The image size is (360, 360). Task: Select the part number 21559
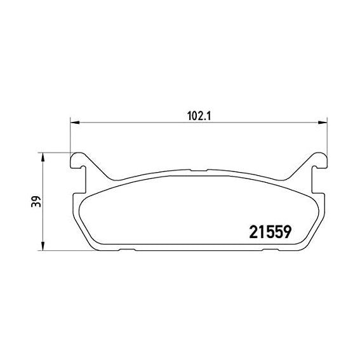click(x=268, y=232)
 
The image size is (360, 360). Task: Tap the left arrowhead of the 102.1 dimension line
click(x=73, y=123)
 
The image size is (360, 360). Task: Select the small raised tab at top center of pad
click(x=197, y=171)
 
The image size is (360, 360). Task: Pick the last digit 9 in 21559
click(x=286, y=232)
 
